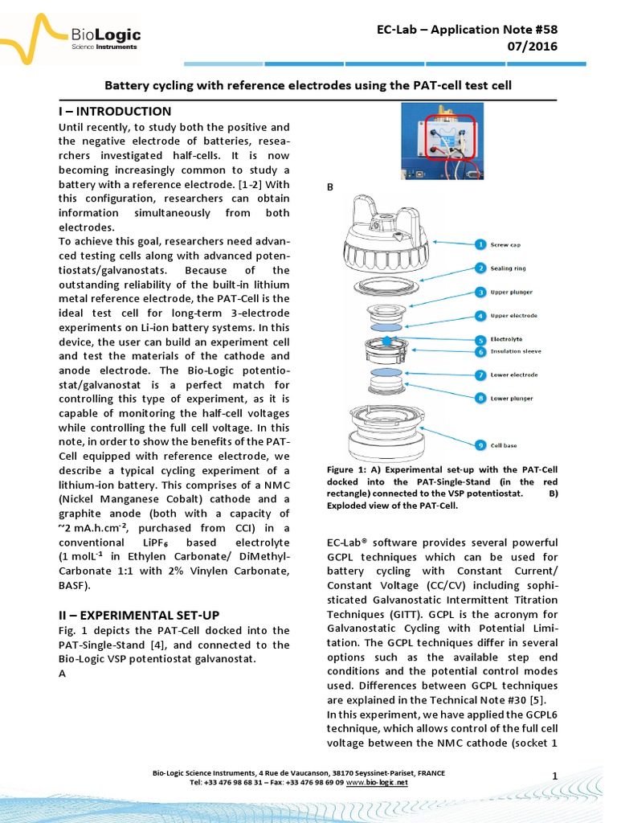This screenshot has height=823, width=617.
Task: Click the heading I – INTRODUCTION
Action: (x=116, y=112)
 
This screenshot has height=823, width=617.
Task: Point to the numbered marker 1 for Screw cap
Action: (x=479, y=244)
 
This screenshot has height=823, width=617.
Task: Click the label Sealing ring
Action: (x=513, y=268)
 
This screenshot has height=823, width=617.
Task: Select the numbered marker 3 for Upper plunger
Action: (x=479, y=292)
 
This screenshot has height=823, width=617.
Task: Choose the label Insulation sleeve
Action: (x=519, y=351)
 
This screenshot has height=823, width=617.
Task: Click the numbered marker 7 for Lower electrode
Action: (x=479, y=375)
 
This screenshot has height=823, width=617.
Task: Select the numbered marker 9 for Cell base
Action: (x=479, y=444)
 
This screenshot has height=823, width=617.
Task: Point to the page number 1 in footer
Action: (x=555, y=774)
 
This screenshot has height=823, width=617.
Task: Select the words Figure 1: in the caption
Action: (x=346, y=469)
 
